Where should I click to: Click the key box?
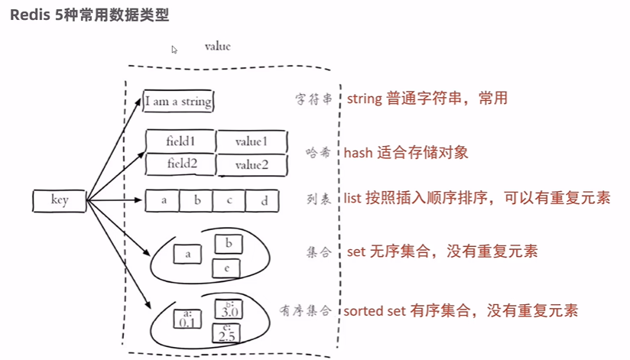(60, 201)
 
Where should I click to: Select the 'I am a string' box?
(178, 101)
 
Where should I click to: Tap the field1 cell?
(180, 141)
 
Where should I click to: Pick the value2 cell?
(252, 165)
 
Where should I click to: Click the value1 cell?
(252, 141)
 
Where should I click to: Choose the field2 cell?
(180, 164)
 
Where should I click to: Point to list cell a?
(163, 201)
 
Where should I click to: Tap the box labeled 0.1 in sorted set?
(187, 318)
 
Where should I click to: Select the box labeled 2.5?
(226, 332)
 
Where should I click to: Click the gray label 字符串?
(313, 99)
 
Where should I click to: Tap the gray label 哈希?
(320, 152)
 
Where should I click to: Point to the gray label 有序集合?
(307, 310)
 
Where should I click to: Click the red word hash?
(359, 152)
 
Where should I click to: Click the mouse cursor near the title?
(174, 50)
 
